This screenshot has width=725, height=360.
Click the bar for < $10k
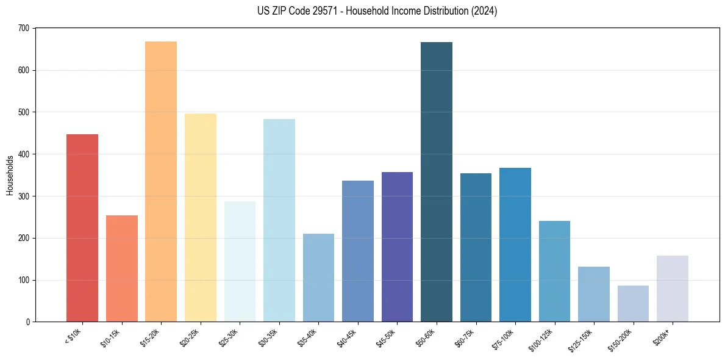coord(82,228)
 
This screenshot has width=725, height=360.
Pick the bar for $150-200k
coord(633,304)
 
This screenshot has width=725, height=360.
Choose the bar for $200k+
coord(673,289)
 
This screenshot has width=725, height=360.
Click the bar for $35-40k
coord(318,278)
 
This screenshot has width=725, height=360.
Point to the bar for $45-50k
coord(397,247)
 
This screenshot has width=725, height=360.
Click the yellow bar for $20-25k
coord(201,218)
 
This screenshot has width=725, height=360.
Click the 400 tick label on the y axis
coord(24,154)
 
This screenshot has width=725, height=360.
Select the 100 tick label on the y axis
coord(24,281)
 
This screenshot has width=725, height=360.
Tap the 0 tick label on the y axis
coord(27,322)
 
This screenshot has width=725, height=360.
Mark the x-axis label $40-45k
coord(347,337)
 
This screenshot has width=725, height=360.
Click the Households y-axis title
coord(10,175)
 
